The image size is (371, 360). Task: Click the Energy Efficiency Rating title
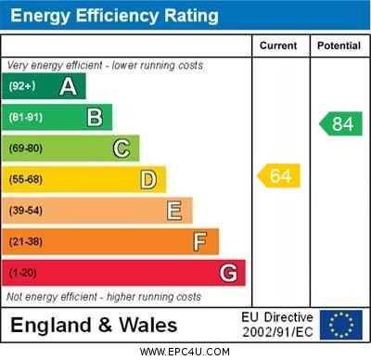pyautogui.click(x=115, y=16)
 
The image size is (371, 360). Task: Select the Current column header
pyautogui.click(x=278, y=45)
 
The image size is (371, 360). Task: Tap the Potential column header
pyautogui.click(x=339, y=45)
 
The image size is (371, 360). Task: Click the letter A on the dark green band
pyautogui.click(x=68, y=86)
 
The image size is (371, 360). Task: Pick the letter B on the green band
pyautogui.click(x=95, y=117)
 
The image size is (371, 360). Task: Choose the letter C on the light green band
pyautogui.click(x=122, y=148)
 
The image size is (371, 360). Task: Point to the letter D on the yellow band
pyautogui.click(x=148, y=179)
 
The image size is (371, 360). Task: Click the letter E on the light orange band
pyautogui.click(x=174, y=211)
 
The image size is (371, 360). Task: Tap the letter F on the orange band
pyautogui.click(x=200, y=241)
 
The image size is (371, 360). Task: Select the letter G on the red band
pyautogui.click(x=228, y=273)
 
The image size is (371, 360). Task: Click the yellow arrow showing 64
pyautogui.click(x=279, y=175)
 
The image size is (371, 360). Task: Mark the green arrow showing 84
pyautogui.click(x=340, y=123)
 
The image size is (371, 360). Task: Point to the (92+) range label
pyautogui.click(x=23, y=87)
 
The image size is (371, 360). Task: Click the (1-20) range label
pyautogui.click(x=23, y=274)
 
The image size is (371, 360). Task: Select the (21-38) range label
pyautogui.click(x=26, y=242)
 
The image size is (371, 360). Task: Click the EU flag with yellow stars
pyautogui.click(x=341, y=325)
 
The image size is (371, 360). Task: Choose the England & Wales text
pyautogui.click(x=93, y=325)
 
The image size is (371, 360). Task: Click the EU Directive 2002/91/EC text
pyautogui.click(x=277, y=325)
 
